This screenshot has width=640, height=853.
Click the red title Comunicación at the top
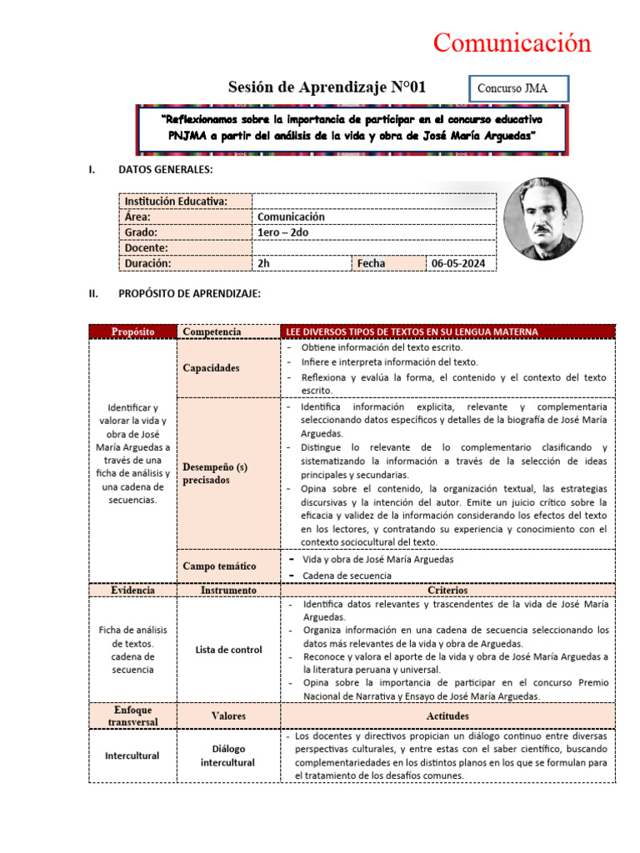(x=512, y=43)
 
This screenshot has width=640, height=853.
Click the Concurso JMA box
(x=522, y=88)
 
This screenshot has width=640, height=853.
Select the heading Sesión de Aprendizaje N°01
(x=327, y=87)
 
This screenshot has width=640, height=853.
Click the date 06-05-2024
(x=461, y=263)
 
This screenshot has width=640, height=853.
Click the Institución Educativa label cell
(x=185, y=201)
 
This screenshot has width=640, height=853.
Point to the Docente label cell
(x=185, y=247)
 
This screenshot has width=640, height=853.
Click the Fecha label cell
(x=388, y=263)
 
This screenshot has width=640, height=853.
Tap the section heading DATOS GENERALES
(x=165, y=170)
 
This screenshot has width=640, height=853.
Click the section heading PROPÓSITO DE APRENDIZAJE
(x=190, y=293)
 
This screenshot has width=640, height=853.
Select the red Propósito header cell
(x=133, y=332)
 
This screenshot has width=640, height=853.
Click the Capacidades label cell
(x=211, y=368)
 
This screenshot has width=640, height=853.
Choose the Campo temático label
(x=219, y=566)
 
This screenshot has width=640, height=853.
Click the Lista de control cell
(x=228, y=650)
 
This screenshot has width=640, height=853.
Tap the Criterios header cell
(x=448, y=590)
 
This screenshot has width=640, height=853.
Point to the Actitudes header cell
(x=448, y=716)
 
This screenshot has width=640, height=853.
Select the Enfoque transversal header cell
(x=133, y=715)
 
